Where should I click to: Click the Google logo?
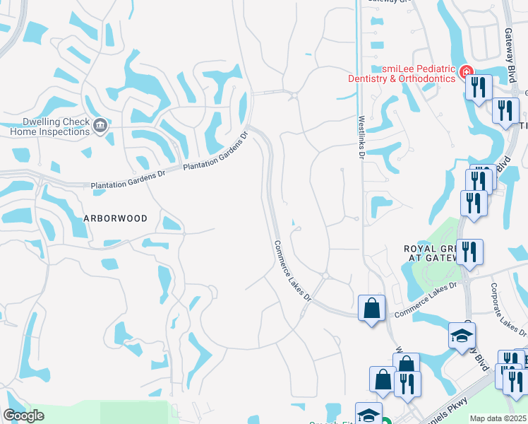[x=23, y=416]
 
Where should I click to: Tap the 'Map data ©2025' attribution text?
[x=498, y=418]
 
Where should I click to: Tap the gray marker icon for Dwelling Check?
[x=100, y=126]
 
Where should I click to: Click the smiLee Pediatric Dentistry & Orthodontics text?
[x=401, y=73]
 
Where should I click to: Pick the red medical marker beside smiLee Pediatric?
[x=465, y=72]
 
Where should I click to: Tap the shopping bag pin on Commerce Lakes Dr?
[x=371, y=309]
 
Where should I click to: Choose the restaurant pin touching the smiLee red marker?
[x=480, y=88]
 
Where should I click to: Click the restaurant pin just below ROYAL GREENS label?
[x=469, y=252]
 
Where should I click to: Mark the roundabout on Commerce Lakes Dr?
[x=325, y=276]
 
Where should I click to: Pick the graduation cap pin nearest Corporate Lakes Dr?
[x=462, y=336]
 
